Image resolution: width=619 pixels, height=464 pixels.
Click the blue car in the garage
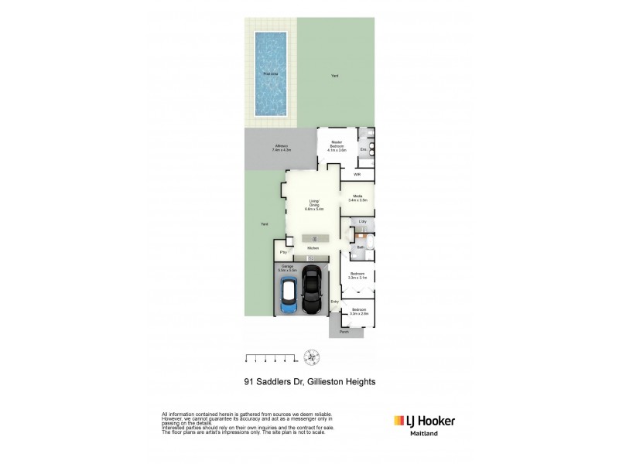click(x=288, y=297)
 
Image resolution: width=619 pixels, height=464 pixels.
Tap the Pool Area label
click(x=270, y=74)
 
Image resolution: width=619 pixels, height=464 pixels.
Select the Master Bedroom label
click(x=337, y=145)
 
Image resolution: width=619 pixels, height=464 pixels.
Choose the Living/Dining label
click(x=314, y=206)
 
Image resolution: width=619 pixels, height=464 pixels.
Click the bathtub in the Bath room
click(x=368, y=247)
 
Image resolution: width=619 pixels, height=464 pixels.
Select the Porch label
click(x=344, y=331)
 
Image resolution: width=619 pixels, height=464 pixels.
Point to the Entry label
click(x=335, y=302)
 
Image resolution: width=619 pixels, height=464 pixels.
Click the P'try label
click(x=284, y=252)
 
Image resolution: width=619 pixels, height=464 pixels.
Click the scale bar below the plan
click(x=271, y=358)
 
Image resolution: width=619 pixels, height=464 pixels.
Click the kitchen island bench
click(x=314, y=238)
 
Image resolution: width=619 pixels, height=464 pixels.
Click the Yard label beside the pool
click(x=334, y=76)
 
